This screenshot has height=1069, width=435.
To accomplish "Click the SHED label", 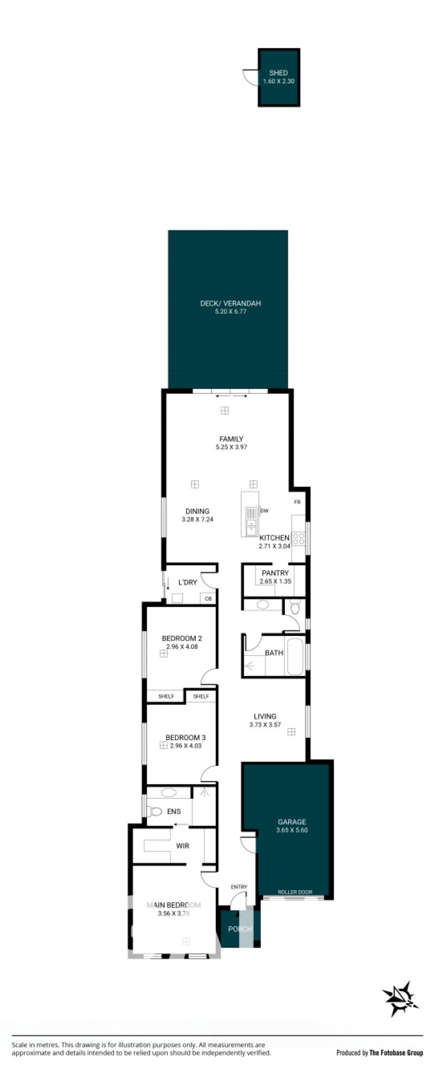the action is point(278,73).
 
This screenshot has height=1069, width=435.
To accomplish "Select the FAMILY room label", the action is point(231,439).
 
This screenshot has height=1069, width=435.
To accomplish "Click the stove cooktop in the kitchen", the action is point(299,539).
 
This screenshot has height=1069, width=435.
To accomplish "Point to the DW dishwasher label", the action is point(265,511).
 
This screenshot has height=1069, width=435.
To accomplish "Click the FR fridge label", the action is point(297,502).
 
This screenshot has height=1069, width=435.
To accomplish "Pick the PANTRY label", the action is point(275,573).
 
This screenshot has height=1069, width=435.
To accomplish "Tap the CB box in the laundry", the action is point(208,599).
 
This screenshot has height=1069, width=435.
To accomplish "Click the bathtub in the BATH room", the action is point(296,656).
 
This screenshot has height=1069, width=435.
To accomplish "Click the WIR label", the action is point(183,846).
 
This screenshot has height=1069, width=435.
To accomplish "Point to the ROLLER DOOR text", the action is point(295,892).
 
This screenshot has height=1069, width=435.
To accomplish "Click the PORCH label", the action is point(240,929).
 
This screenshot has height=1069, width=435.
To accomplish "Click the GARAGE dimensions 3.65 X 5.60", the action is point(292,830).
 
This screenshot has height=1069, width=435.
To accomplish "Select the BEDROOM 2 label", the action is point(182,639).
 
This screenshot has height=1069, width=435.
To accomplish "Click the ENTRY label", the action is point(239,887).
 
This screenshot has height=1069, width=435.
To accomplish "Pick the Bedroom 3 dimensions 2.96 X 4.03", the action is point(186,746).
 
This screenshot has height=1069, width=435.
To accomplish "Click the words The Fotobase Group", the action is point(396,1053).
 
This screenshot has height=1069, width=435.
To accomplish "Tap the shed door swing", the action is point(250,78).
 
